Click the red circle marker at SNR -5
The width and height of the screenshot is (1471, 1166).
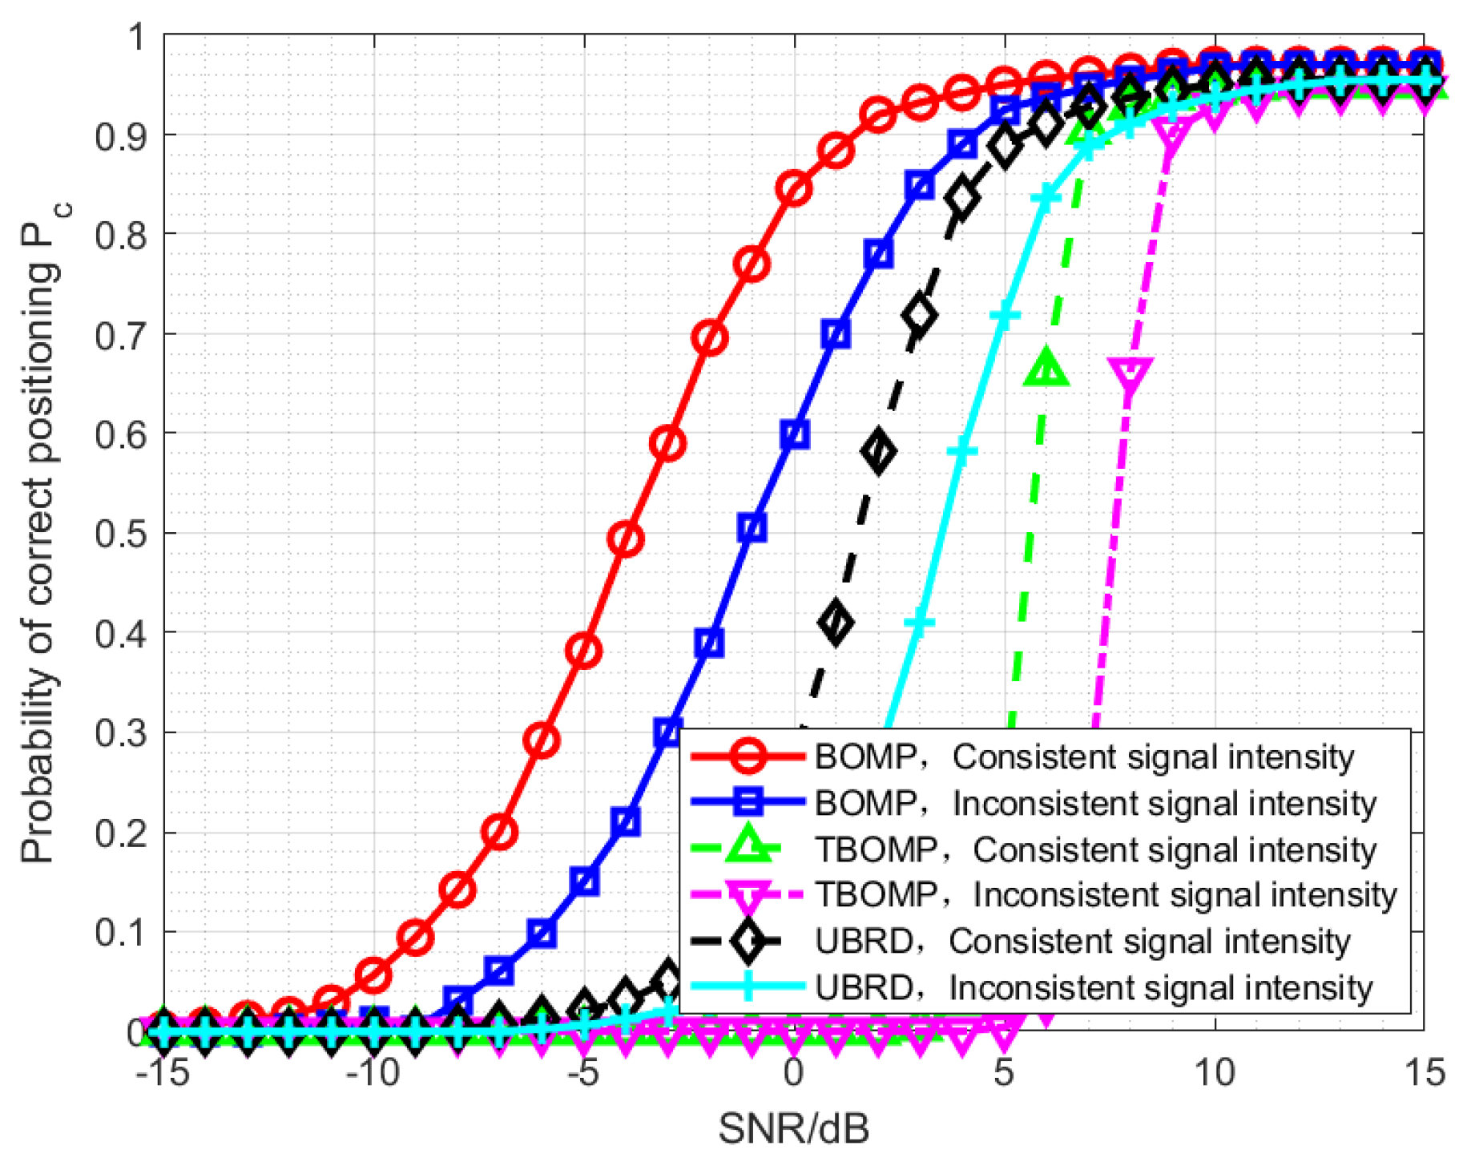[584, 651]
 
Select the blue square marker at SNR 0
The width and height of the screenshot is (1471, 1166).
[795, 434]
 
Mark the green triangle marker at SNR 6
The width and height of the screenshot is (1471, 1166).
[1046, 369]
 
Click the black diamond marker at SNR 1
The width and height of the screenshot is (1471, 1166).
[836, 622]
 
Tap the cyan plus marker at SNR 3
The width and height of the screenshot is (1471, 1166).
[920, 622]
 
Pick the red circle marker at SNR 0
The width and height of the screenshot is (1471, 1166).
[795, 189]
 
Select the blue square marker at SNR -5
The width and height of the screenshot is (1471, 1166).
[585, 882]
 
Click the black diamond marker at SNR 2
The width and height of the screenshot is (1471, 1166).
[879, 452]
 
